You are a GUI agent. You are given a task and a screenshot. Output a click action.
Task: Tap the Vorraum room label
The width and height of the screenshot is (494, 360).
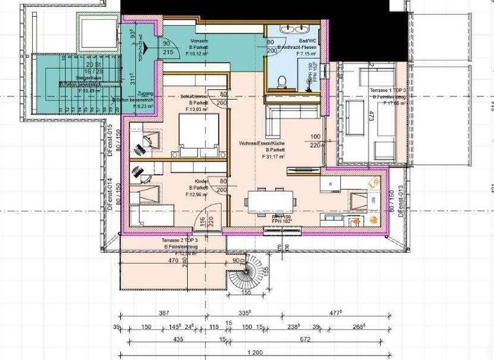[x=199, y=40]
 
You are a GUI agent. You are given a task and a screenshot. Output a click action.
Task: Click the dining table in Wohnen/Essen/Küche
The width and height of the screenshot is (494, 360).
[x=270, y=200]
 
